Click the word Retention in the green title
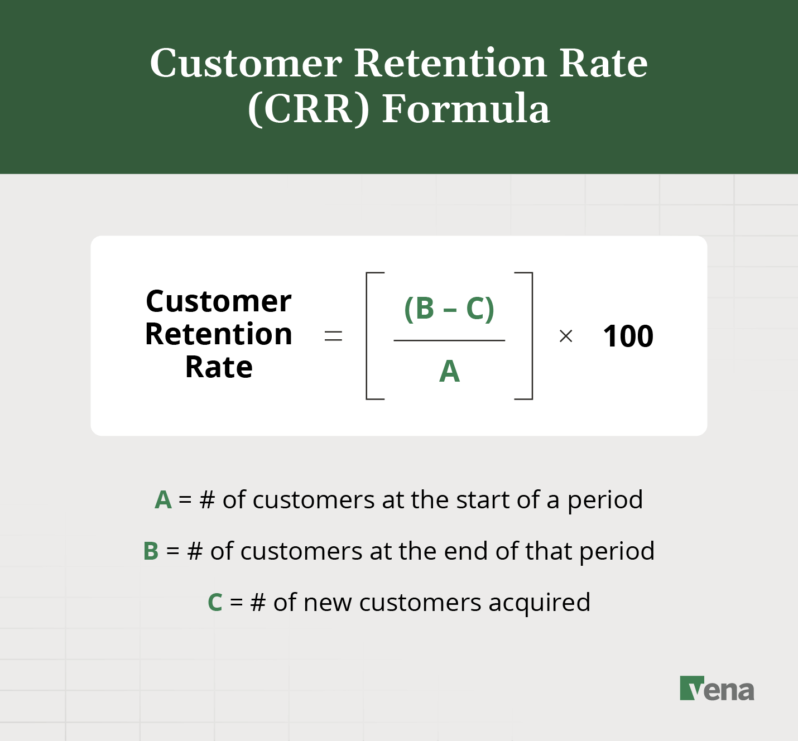(450, 63)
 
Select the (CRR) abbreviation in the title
(309, 109)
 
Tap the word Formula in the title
(466, 109)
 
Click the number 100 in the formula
(628, 336)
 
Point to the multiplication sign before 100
(566, 336)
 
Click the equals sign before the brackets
(333, 336)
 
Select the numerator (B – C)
(449, 309)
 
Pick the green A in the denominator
(449, 372)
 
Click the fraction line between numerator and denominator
(449, 340)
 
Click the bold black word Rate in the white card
(219, 368)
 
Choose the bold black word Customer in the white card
(219, 302)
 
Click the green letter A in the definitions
(163, 500)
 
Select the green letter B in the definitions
(151, 551)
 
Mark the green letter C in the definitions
(215, 603)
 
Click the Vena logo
(717, 689)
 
